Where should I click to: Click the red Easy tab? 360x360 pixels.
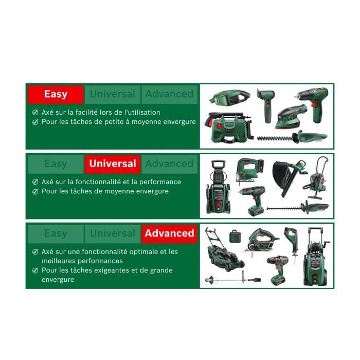pos(56,94)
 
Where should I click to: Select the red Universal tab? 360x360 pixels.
pos(113,164)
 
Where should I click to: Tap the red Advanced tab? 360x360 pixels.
pos(169,233)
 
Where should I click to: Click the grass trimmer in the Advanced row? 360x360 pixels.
pos(231,279)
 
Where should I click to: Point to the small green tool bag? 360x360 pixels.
pos(236,237)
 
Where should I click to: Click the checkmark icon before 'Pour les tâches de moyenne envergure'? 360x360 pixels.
pos(35,191)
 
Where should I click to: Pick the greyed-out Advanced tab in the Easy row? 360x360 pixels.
pos(169,94)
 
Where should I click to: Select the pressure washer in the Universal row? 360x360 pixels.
pos(217,188)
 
